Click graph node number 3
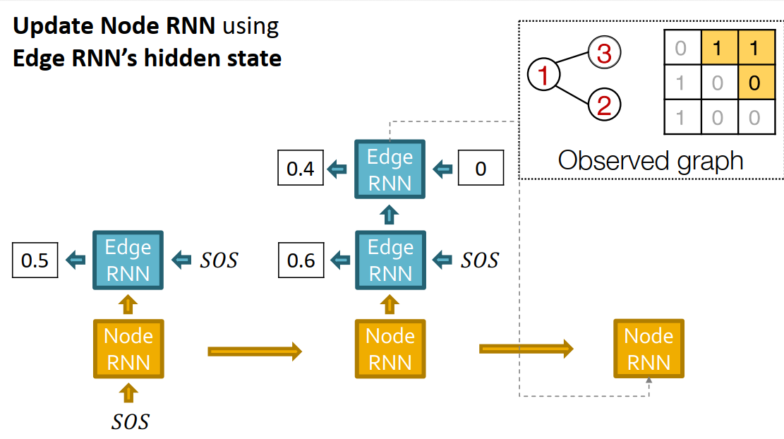point(604,53)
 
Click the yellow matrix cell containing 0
point(754,83)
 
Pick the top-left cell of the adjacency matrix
point(681,49)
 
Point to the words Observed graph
point(651,161)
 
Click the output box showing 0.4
point(301,169)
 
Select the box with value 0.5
point(35,260)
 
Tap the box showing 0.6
point(301,260)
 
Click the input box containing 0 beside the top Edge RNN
point(481,169)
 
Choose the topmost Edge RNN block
point(390,169)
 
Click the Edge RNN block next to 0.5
point(128,260)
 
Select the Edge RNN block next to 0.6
point(390,260)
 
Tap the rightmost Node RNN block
point(649,349)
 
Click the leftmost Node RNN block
point(128,349)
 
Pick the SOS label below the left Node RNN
point(131,421)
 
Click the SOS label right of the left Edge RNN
point(218,260)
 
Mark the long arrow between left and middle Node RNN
point(255,351)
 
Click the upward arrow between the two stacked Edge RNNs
point(390,215)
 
